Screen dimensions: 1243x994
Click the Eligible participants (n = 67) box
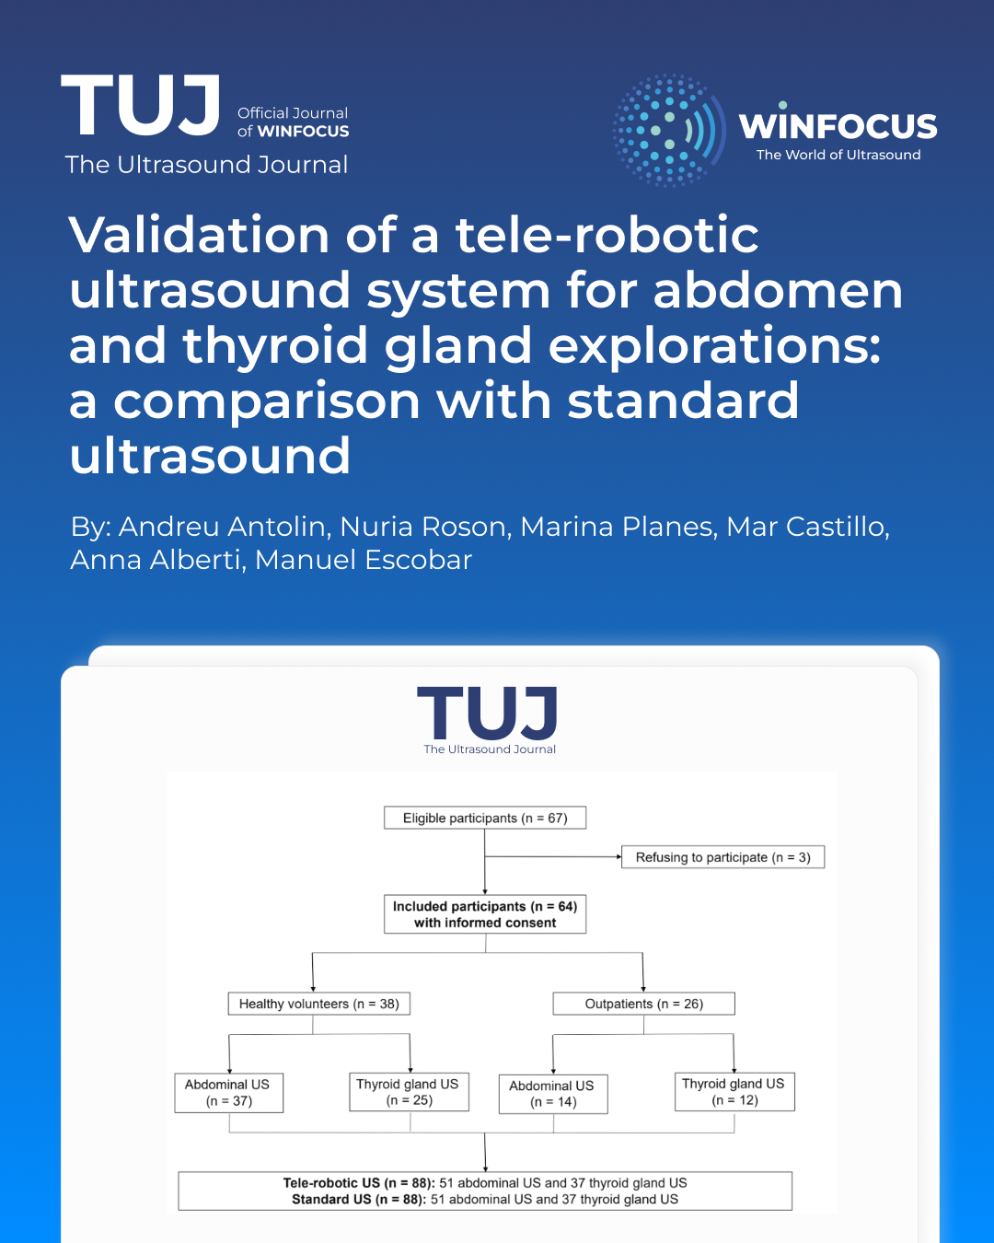485,818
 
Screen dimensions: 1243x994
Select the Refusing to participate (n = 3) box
722,857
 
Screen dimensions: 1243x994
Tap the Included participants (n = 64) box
485,914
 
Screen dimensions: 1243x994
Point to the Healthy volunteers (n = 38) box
318,1004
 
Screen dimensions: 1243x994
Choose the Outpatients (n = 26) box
643,1004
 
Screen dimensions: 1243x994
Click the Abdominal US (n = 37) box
228,1093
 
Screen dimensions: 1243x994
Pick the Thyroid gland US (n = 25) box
409,1092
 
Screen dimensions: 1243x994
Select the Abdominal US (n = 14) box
552,1094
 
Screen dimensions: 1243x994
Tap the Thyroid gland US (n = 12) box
734,1092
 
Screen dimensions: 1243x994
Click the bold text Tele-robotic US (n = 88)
358,1183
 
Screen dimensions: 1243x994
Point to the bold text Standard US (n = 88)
358,1200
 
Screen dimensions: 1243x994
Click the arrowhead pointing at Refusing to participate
618,857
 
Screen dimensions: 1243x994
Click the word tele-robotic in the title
607,235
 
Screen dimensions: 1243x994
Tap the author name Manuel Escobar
364,560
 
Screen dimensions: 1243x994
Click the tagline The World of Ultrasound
838,155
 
